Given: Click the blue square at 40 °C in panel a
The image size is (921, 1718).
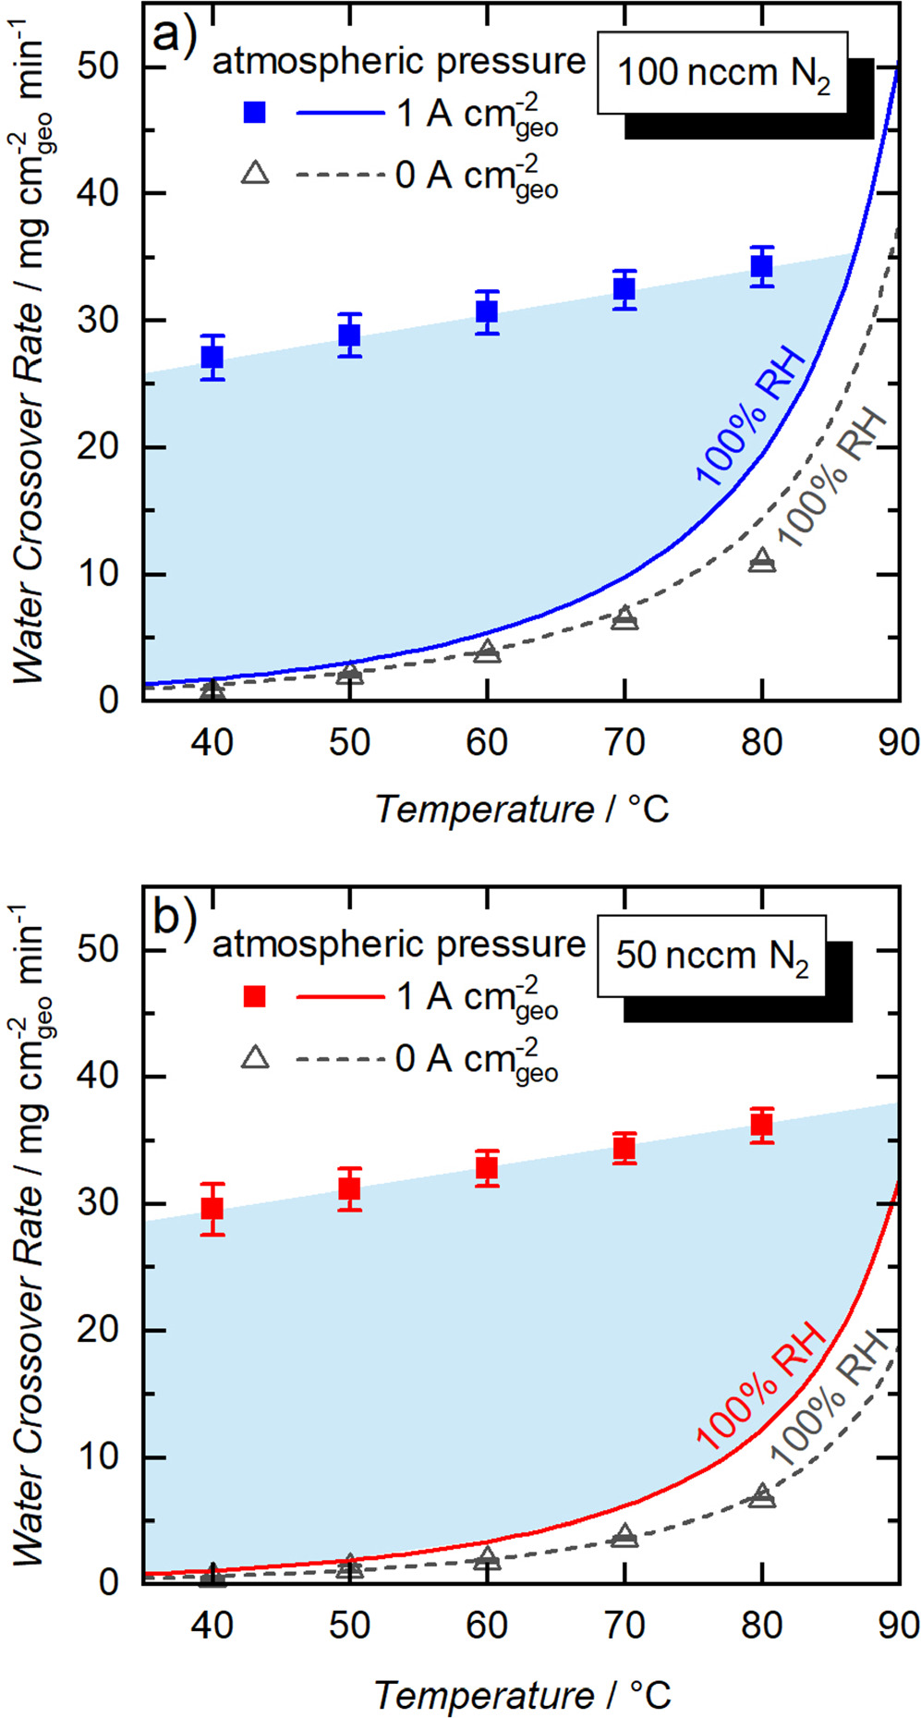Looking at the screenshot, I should point(212,357).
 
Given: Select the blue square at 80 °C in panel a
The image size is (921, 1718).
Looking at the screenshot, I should point(761,267).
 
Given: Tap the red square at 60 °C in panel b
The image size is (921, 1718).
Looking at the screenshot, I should point(487,1168).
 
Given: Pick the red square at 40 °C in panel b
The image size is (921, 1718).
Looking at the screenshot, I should point(212,1209).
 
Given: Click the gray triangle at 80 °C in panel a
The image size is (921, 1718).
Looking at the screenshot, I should point(761,560).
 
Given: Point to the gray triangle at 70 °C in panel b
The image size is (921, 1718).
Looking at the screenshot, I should point(624,1536).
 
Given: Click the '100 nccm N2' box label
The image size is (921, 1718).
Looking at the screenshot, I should point(722,73).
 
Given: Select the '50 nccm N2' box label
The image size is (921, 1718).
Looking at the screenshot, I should point(711,956).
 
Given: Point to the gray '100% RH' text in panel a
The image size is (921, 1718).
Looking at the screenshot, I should point(831,477).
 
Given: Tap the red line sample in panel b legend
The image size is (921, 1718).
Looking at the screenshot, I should point(339,996).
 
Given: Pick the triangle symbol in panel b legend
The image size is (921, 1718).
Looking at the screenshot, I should point(254,1057).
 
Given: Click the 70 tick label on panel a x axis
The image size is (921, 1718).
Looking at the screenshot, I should point(624,742).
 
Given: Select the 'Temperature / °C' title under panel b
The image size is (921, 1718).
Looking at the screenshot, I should point(522,1694).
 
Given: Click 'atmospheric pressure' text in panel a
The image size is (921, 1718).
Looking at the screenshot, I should point(399,61).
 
